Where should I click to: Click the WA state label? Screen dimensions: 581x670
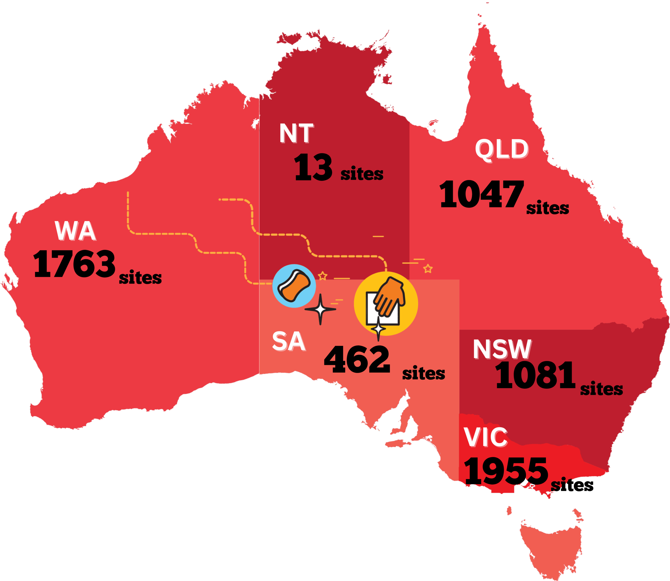click(75, 231)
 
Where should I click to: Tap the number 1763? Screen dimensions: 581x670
click(74, 264)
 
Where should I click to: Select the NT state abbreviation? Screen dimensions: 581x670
click(296, 133)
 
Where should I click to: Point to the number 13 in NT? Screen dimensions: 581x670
click(313, 168)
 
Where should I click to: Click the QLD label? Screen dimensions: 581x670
click(501, 149)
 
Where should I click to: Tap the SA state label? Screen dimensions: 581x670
click(289, 341)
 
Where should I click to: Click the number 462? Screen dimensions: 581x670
click(357, 359)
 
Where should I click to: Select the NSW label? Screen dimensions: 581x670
click(502, 349)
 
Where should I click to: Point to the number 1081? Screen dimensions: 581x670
click(535, 375)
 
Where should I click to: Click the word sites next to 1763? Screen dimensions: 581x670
click(140, 278)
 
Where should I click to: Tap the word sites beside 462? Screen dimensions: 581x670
click(423, 374)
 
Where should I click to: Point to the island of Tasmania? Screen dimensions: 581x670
click(551, 548)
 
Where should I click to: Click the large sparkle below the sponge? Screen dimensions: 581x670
click(320, 309)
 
